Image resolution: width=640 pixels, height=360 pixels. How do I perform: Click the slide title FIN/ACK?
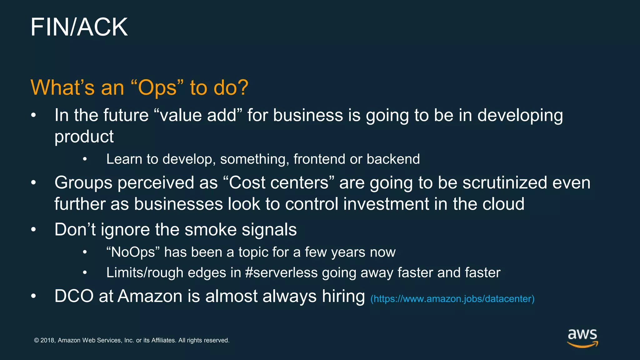tap(79, 27)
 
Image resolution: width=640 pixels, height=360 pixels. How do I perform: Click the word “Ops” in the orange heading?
tap(157, 88)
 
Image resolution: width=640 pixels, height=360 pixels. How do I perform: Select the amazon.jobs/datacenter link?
tap(452, 299)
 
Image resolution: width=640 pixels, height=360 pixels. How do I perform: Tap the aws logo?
tap(582, 338)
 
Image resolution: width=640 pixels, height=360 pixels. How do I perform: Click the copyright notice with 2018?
tap(132, 340)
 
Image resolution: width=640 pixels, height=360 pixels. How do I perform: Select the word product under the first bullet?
tap(84, 137)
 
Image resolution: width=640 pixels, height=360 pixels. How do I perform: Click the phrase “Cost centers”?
tap(279, 183)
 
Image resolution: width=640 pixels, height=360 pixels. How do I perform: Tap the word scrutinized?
tap(504, 183)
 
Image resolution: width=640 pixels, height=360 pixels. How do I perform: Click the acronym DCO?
tap(74, 296)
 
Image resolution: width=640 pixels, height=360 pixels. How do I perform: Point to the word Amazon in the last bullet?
tap(150, 296)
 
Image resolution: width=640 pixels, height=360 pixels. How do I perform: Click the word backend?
tap(393, 159)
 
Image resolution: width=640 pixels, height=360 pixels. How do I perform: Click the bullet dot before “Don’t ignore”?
tap(34, 230)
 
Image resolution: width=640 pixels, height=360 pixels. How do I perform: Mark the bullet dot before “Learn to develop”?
tap(85, 159)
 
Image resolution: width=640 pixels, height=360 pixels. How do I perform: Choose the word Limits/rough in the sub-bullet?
tap(145, 272)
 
